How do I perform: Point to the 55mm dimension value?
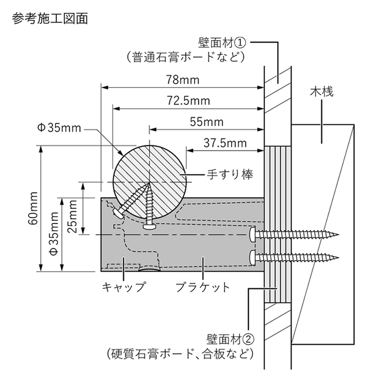tap(207, 121)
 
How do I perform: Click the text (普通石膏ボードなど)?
tap(186, 58)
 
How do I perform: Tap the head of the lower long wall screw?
tap(252, 258)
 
